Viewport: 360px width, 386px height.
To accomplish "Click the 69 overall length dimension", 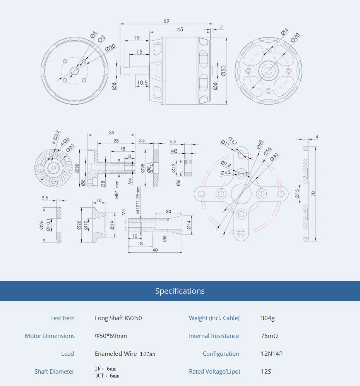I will pyautogui.click(x=166, y=21).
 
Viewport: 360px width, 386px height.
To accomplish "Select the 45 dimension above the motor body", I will pyautogui.click(x=180, y=29).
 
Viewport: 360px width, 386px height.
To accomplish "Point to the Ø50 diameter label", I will pyautogui.click(x=223, y=71).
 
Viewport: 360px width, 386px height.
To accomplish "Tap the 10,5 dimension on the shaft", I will pyautogui.click(x=142, y=83).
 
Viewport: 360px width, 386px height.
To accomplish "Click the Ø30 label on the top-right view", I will pyautogui.click(x=295, y=37).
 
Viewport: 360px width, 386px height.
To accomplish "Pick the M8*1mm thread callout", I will pyautogui.click(x=117, y=190).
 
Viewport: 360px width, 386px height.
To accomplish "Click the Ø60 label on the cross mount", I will pyautogui.click(x=259, y=148).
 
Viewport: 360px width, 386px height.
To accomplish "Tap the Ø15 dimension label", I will pyautogui.click(x=297, y=193).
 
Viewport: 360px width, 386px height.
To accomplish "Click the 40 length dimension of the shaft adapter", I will pyautogui.click(x=155, y=250).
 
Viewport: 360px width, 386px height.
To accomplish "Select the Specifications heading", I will pyautogui.click(x=180, y=291).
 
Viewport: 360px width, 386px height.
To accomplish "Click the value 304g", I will pyautogui.click(x=267, y=318).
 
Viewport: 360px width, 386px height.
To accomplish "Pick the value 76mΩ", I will pyautogui.click(x=269, y=336).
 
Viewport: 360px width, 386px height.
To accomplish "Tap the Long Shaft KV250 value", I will pyautogui.click(x=118, y=318).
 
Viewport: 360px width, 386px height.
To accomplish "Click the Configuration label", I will pyautogui.click(x=221, y=354).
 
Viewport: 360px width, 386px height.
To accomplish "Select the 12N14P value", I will pyautogui.click(x=272, y=354).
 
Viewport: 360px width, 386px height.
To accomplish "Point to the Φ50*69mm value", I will pyautogui.click(x=111, y=336).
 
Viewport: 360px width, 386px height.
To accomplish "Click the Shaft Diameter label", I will pyautogui.click(x=54, y=372).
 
